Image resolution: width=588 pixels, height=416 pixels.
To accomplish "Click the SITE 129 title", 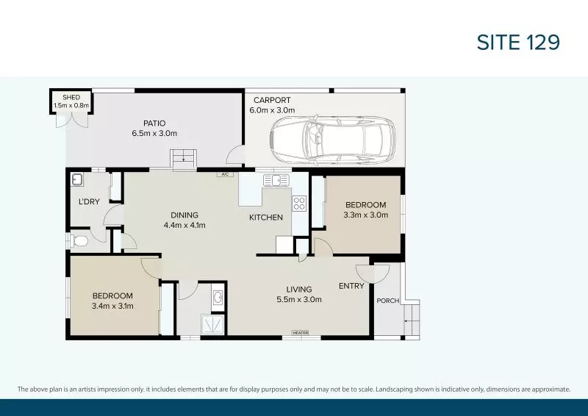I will tap(519, 43).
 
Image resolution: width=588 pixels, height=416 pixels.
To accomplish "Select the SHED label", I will tap(71, 97).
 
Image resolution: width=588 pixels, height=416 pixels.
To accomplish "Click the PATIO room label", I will tap(154, 123).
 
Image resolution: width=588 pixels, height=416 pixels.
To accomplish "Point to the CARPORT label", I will tap(272, 100).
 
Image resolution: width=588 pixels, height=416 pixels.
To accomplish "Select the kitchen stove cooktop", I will tap(299, 204).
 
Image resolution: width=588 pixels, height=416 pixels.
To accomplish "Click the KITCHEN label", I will tap(265, 218).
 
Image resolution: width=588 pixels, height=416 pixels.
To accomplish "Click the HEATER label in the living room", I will tap(300, 333).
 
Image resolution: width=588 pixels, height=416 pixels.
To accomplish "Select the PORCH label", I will tap(387, 301).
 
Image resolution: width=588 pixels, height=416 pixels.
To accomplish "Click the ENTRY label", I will tap(351, 286).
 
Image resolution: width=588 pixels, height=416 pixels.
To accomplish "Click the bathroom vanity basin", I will tap(219, 298).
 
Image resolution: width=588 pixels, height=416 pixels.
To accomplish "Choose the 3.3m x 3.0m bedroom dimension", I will tap(365, 215).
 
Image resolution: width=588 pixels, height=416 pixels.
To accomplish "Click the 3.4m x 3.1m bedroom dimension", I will tap(112, 306).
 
